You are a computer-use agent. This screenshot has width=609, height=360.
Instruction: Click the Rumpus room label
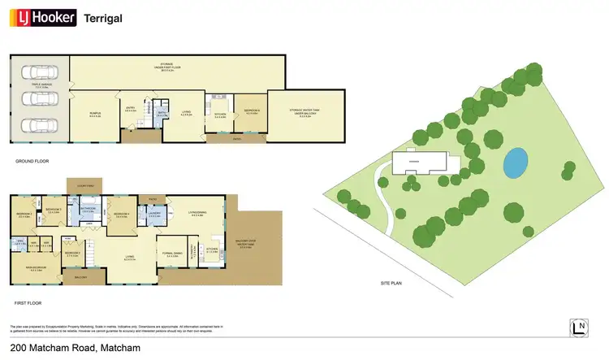[95, 115]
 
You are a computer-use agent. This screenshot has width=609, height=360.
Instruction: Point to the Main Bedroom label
[36, 270]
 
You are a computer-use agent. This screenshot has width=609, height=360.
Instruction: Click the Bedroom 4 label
[121, 215]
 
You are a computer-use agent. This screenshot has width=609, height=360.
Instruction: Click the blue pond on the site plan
[513, 163]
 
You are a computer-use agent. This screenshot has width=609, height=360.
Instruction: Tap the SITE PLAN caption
[392, 283]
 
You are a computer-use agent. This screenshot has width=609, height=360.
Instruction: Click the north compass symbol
[578, 327]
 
